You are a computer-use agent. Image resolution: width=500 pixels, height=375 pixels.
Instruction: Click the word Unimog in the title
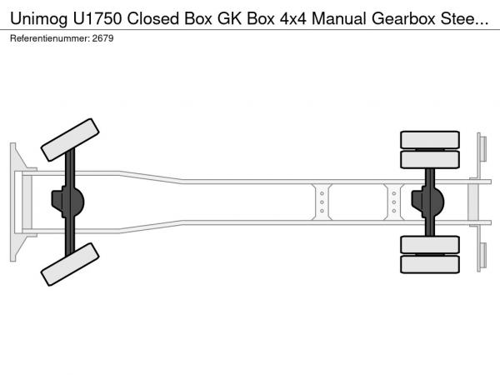pos(39,18)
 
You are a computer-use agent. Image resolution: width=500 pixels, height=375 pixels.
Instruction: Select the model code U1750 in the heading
pos(97,18)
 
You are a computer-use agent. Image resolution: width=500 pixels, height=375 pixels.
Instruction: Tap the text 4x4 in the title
pos(293,18)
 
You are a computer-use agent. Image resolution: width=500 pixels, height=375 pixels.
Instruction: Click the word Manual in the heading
pos(338,18)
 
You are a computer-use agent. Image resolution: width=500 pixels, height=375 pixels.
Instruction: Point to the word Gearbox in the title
pos(403,18)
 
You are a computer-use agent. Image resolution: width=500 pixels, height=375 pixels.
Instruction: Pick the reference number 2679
pos(103,38)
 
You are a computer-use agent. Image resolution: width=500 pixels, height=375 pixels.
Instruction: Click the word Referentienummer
pos(50,38)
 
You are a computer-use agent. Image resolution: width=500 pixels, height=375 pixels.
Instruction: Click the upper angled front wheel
pos(70,140)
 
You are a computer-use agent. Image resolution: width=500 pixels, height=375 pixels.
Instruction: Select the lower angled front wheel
pos(70,264)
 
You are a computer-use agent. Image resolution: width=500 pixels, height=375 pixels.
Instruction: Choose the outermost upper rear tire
pos(430,140)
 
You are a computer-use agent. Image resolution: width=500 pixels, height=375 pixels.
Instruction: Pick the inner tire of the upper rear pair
pos(430,159)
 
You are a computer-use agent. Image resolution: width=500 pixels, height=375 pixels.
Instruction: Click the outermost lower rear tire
pos(430,264)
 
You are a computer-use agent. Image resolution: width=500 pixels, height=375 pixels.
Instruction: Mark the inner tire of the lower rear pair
pos(430,244)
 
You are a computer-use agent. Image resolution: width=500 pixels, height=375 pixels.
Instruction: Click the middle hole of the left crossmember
pos(322,202)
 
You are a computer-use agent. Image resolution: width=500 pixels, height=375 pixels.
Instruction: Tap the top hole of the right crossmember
pos(394,193)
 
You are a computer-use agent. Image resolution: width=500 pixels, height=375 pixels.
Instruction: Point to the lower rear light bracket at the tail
pos(482,256)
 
